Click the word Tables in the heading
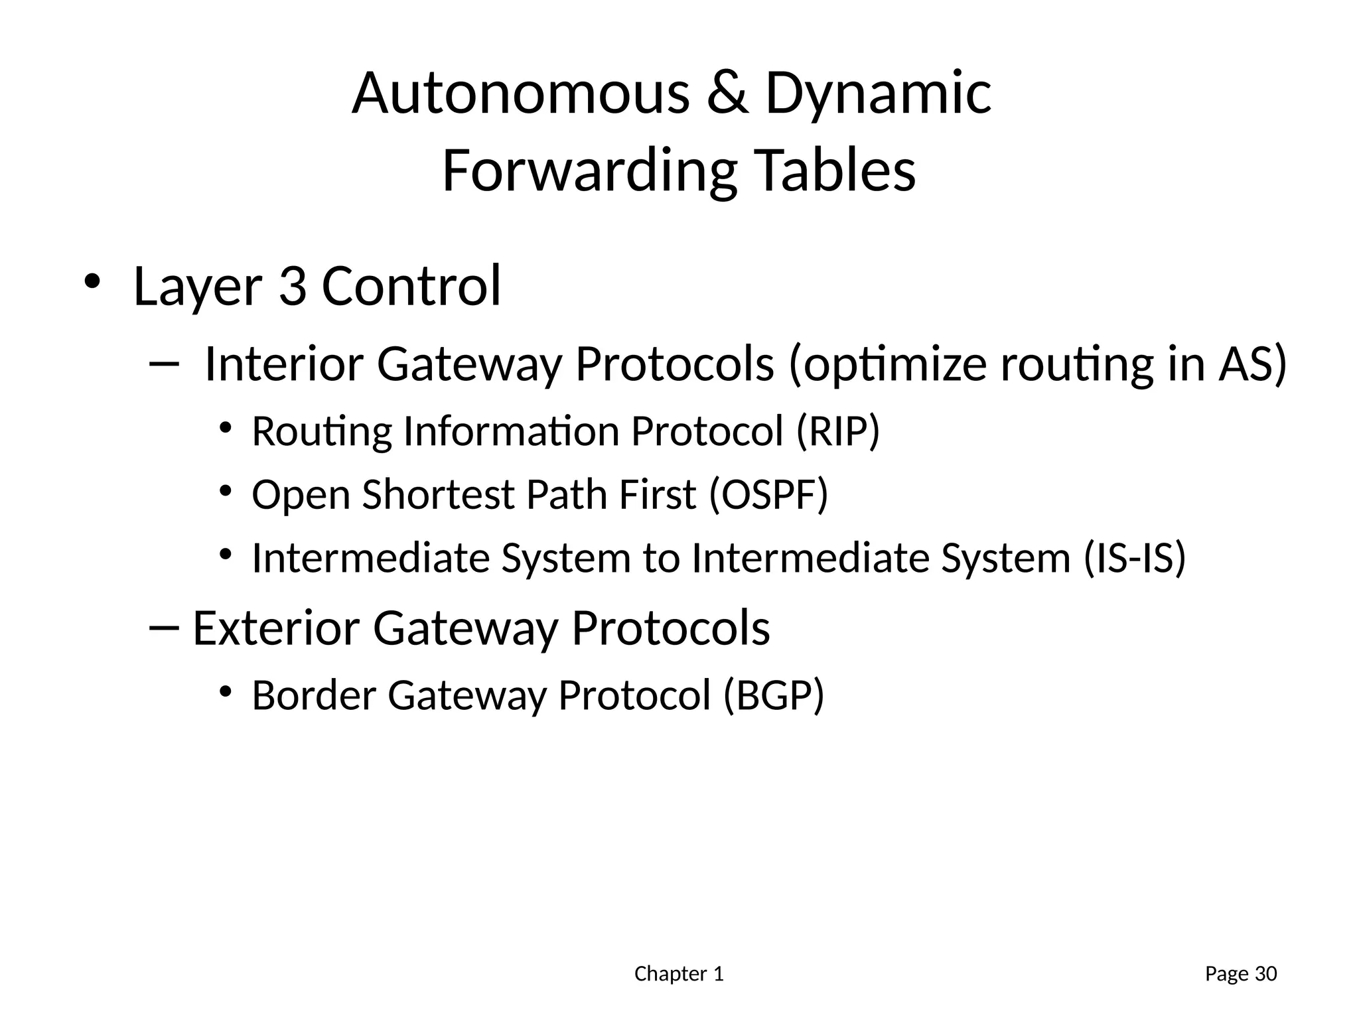click(835, 170)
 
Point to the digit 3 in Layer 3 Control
click(293, 286)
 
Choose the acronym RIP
click(838, 432)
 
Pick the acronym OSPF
click(768, 495)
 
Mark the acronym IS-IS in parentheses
click(1134, 558)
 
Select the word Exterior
click(275, 628)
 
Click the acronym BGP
click(773, 696)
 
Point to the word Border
click(313, 696)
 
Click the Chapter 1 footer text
click(678, 974)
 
